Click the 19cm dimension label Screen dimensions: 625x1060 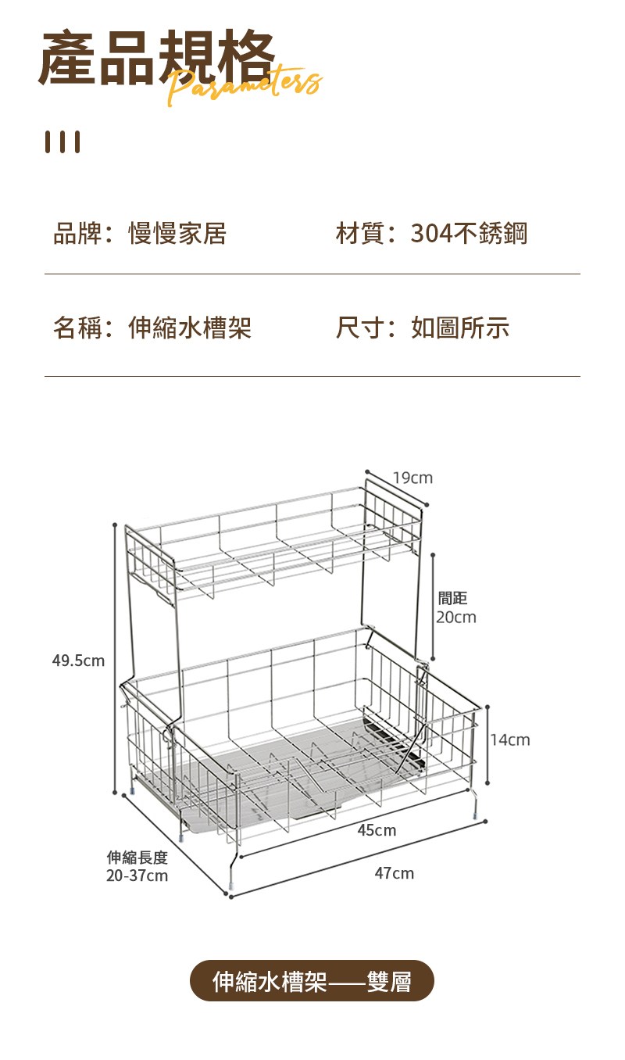tap(412, 478)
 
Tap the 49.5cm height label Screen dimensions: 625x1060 tap(78, 660)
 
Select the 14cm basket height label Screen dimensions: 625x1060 tap(510, 739)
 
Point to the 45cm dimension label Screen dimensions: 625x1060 tap(377, 830)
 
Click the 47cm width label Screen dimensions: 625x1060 tap(395, 873)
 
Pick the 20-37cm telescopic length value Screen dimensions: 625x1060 tap(137, 876)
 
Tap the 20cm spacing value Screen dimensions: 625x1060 tap(456, 617)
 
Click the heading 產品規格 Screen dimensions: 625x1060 tap(156, 57)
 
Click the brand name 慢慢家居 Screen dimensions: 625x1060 tap(177, 233)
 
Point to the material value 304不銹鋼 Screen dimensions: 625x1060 tap(469, 233)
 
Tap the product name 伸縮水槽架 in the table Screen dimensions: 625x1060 tap(190, 328)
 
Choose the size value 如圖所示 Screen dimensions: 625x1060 tap(460, 328)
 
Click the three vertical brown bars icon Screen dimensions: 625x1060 tap(62, 141)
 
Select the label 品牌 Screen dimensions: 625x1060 tap(77, 233)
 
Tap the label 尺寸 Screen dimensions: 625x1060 tap(360, 328)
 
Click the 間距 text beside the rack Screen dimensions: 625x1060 tap(452, 598)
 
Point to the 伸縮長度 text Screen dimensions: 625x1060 tap(137, 857)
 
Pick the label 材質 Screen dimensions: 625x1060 tap(360, 233)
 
